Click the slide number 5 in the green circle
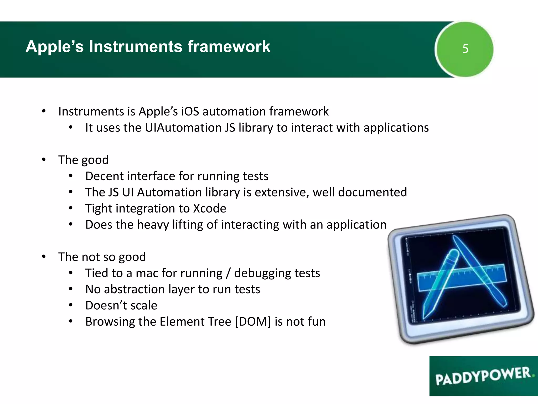click(465, 49)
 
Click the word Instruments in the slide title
click(135, 47)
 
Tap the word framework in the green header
click(229, 47)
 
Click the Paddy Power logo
click(483, 376)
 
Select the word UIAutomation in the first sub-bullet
click(183, 128)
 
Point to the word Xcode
click(209, 209)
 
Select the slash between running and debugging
click(228, 273)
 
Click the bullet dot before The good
click(44, 160)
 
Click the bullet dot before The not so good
click(44, 256)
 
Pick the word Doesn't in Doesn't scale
click(106, 305)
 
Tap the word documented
click(373, 192)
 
